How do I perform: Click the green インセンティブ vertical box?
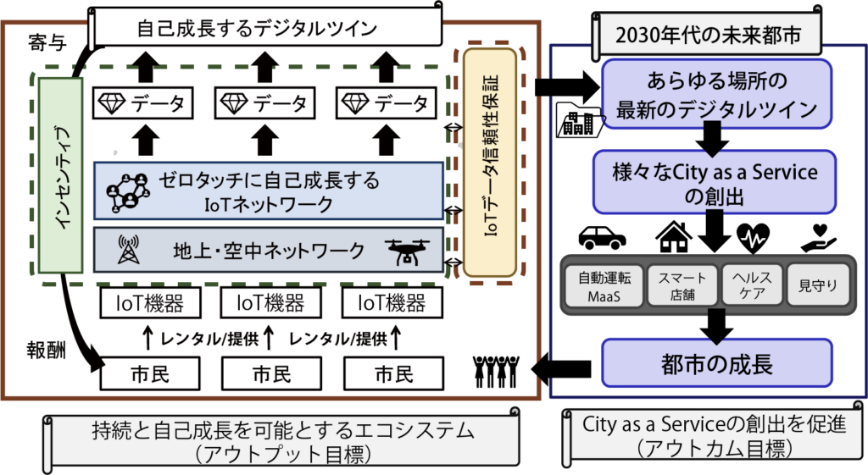(x=60, y=175)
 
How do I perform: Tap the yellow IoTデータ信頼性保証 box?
(x=490, y=162)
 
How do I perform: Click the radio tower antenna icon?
(x=129, y=250)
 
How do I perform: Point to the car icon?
(x=603, y=237)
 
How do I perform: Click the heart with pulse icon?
(x=754, y=238)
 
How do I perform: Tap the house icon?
(x=673, y=237)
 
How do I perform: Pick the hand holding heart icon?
(x=818, y=238)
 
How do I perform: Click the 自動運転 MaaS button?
(x=604, y=285)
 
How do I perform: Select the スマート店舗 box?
(x=682, y=285)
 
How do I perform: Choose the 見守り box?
(x=818, y=285)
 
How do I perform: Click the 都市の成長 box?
(x=717, y=362)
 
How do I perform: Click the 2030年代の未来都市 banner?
(x=708, y=35)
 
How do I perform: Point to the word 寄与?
(x=47, y=42)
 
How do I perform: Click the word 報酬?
(x=47, y=351)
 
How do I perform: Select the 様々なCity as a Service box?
(x=714, y=182)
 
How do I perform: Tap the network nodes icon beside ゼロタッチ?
(x=128, y=193)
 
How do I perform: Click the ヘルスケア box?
(x=752, y=285)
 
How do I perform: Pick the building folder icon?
(x=578, y=119)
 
